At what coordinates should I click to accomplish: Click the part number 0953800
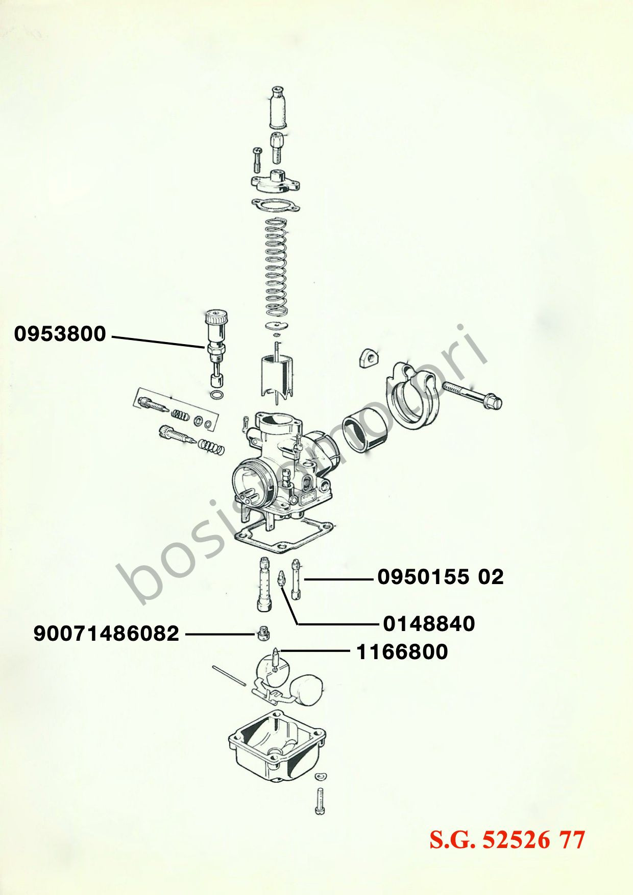pyautogui.click(x=60, y=334)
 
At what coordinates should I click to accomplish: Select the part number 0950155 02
pyautogui.click(x=441, y=576)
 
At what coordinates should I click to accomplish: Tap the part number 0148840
pyautogui.click(x=429, y=623)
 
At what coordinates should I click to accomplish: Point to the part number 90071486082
pyautogui.click(x=106, y=634)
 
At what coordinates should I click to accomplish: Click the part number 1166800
pyautogui.click(x=402, y=651)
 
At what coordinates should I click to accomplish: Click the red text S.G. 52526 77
pyautogui.click(x=507, y=839)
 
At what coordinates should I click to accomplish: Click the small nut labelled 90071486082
pyautogui.click(x=262, y=633)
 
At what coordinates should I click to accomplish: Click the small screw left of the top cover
pyautogui.click(x=257, y=159)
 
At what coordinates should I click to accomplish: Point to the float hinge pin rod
pyautogui.click(x=229, y=675)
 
